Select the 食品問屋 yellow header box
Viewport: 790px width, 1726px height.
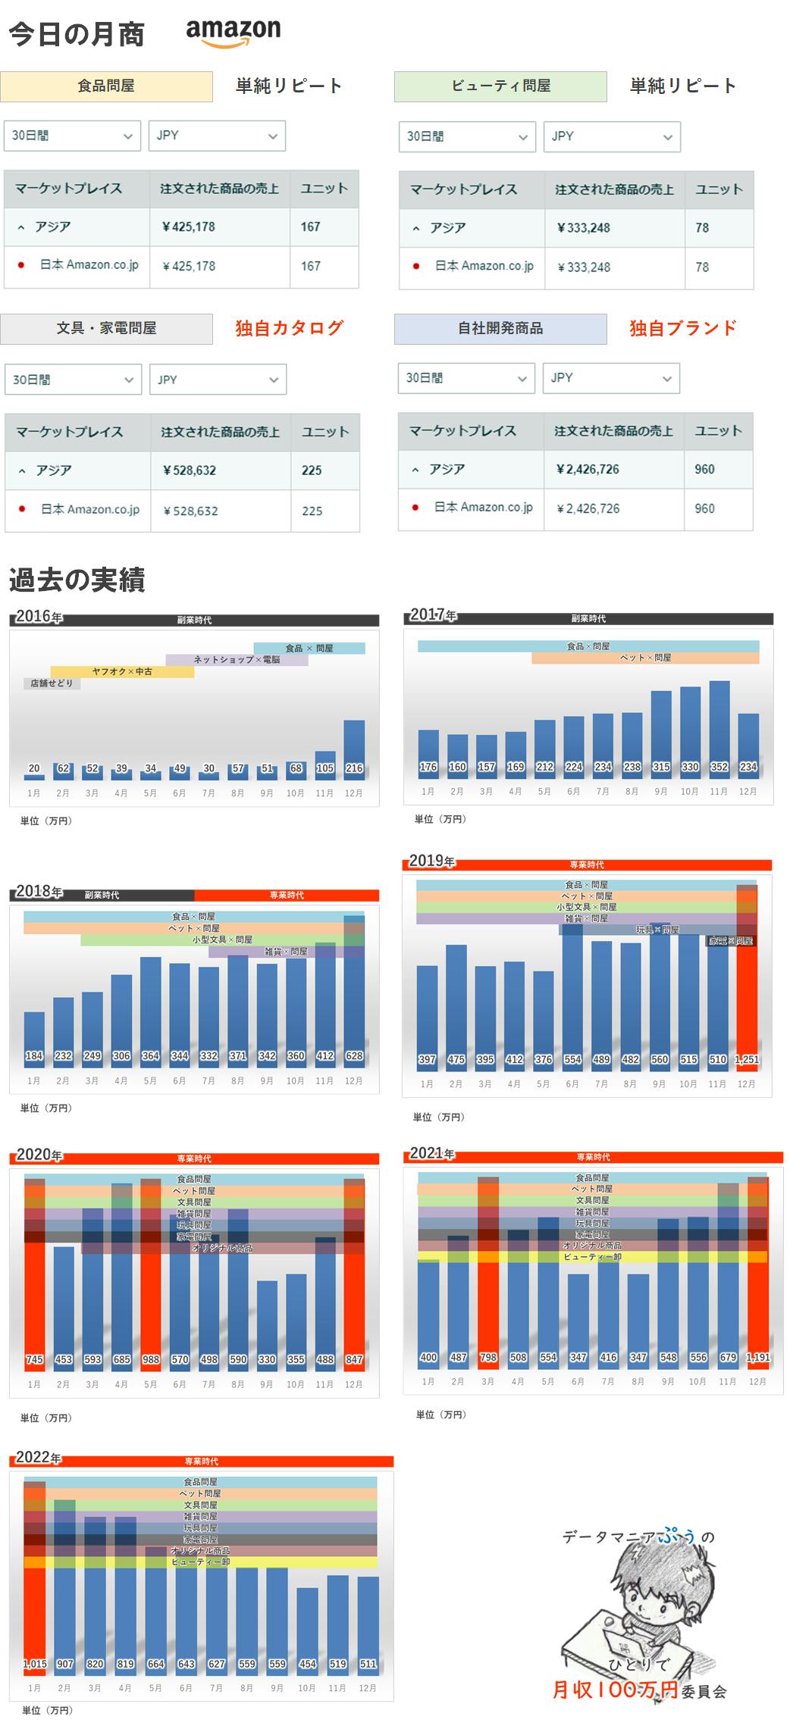(x=106, y=86)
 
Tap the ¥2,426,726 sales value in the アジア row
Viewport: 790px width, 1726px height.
(x=588, y=469)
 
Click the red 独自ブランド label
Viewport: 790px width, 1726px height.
(x=683, y=328)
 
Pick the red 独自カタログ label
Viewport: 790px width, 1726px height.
(x=290, y=328)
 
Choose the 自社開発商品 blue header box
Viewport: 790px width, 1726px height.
(x=500, y=329)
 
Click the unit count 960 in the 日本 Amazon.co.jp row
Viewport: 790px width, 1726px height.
(x=704, y=508)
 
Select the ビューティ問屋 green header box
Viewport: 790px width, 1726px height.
(x=500, y=86)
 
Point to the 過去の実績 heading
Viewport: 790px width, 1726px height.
(x=77, y=580)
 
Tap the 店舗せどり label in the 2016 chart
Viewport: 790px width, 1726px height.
(x=52, y=683)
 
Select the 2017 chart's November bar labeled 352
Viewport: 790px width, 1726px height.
(x=719, y=724)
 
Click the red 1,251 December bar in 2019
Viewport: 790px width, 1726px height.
(x=747, y=985)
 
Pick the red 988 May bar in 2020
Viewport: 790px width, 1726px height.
(x=151, y=1288)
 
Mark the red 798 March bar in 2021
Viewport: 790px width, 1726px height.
(x=488, y=1288)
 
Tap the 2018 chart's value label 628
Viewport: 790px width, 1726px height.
(x=354, y=1055)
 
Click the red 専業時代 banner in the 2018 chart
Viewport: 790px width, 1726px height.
(x=287, y=895)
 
